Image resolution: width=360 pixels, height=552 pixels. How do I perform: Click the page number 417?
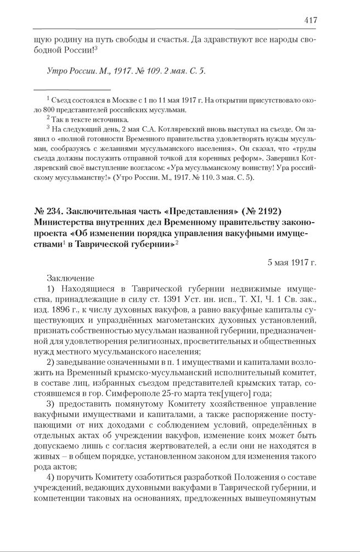click(x=310, y=20)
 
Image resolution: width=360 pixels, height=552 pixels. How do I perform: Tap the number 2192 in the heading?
click(x=268, y=211)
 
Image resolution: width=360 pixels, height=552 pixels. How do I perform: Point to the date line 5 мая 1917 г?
click(x=292, y=262)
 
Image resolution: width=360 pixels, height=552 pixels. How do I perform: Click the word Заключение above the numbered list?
click(x=70, y=278)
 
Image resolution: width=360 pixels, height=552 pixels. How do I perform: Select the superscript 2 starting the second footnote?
click(x=48, y=117)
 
